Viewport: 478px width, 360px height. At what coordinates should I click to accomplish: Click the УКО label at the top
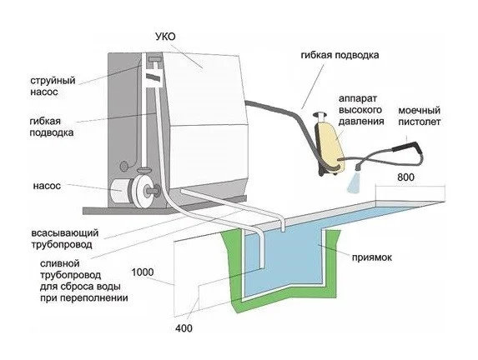coord(165,37)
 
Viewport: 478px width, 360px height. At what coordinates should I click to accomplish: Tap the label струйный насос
coord(53,86)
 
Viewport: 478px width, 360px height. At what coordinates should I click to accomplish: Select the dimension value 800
coord(405,177)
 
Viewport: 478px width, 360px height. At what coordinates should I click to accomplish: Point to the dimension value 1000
coord(143,272)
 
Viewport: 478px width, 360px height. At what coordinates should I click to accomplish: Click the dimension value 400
coord(184,328)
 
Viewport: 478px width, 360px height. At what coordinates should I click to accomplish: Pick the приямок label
coord(372,257)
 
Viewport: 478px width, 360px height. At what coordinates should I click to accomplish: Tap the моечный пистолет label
coord(420,116)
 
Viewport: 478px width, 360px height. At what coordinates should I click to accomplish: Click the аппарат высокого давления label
coord(361,110)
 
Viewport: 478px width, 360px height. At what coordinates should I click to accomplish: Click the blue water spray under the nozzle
coord(353,182)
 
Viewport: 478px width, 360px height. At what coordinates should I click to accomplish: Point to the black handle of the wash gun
coord(407,147)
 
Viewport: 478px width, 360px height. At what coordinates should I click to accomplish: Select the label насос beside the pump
coord(47,186)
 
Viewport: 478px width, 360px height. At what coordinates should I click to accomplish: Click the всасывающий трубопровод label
coord(65,239)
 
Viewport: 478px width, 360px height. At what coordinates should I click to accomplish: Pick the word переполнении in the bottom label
coord(94,297)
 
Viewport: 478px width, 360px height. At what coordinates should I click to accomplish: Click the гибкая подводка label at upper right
coord(340,55)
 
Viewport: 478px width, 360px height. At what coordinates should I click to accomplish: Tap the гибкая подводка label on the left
coord(52,127)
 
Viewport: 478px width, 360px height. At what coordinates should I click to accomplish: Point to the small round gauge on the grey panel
coord(124,167)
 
